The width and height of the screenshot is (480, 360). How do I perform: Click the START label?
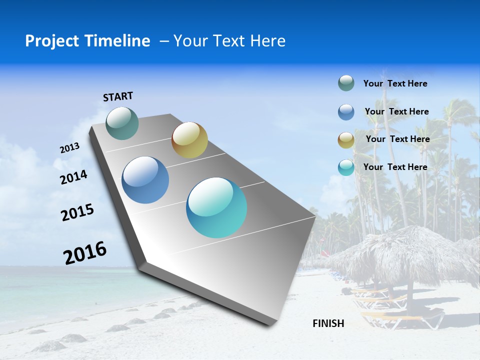[118, 96]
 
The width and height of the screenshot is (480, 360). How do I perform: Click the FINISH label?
[328, 323]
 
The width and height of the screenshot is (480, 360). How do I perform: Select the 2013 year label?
[69, 148]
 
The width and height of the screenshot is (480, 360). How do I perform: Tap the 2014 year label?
[74, 177]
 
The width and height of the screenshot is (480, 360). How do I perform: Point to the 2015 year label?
[77, 212]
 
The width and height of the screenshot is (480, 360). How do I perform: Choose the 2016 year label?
[85, 253]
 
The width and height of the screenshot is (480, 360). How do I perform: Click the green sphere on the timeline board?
[122, 123]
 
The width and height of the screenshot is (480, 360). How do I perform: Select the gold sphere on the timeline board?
[189, 140]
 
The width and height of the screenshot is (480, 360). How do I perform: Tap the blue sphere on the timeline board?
[145, 180]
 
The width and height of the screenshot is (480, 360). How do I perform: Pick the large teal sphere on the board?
[216, 207]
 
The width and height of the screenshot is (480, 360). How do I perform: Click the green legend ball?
[346, 83]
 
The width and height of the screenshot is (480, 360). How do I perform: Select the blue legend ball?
[346, 112]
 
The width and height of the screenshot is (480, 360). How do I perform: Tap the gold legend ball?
[346, 140]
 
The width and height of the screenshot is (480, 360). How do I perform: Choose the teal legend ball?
[346, 167]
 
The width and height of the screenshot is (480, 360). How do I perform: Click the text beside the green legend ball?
[395, 83]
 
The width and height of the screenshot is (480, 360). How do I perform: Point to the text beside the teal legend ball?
[395, 167]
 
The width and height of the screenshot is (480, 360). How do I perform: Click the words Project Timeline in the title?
[87, 41]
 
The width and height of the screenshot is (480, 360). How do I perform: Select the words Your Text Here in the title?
[229, 41]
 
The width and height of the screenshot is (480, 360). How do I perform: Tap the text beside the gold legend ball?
[397, 139]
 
